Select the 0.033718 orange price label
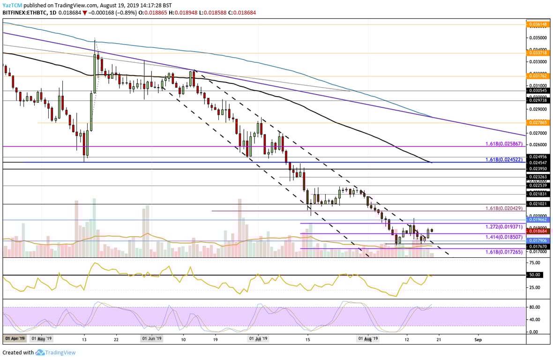pyautogui.click(x=538, y=53)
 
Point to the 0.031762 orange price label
pyautogui.click(x=538, y=75)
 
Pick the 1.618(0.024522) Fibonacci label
pyautogui.click(x=505, y=159)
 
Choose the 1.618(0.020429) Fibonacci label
pyautogui.click(x=505, y=208)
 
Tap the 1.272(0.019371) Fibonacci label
pyautogui.click(x=505, y=226)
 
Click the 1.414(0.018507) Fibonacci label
pyautogui.click(x=505, y=238)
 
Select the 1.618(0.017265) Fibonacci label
pyautogui.click(x=505, y=252)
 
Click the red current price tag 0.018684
pyautogui.click(x=538, y=231)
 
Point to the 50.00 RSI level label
pyautogui.click(x=535, y=275)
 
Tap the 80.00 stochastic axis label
pyautogui.click(x=535, y=307)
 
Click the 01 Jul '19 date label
pyautogui.click(x=258, y=338)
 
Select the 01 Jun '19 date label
pyautogui.click(x=152, y=338)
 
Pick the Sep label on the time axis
pyautogui.click(x=478, y=338)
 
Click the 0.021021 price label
pyautogui.click(x=538, y=204)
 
